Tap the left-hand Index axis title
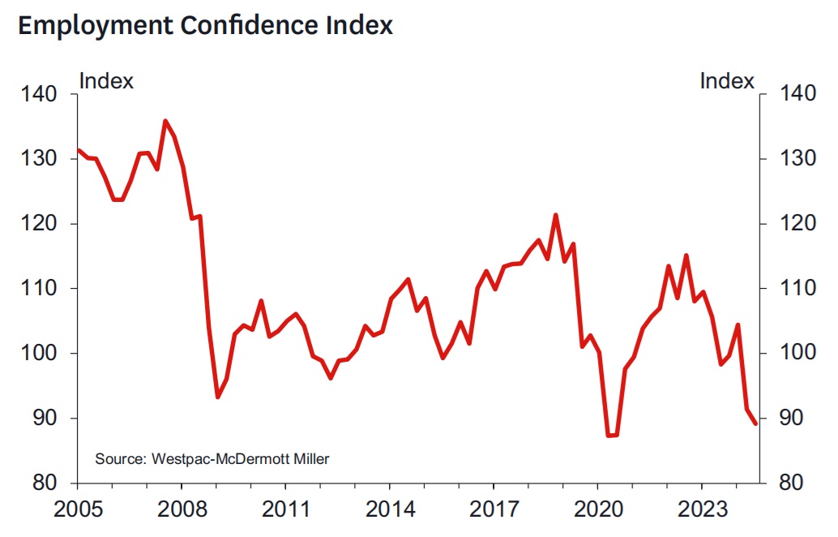(x=106, y=81)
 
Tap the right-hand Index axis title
(x=727, y=81)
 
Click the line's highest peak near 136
(x=165, y=121)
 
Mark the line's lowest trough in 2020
(x=609, y=436)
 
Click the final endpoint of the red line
(x=755, y=423)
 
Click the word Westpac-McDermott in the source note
(x=210, y=458)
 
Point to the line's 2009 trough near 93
(x=217, y=397)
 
